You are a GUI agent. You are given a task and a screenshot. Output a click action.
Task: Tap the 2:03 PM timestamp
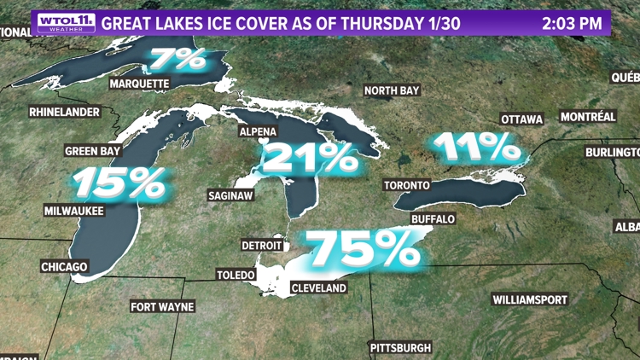click(x=573, y=23)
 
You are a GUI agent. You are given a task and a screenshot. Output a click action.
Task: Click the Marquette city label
click(x=140, y=84)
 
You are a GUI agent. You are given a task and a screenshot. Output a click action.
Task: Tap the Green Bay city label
click(x=93, y=151)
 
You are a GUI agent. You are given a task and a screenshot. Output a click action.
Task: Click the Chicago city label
click(x=64, y=267)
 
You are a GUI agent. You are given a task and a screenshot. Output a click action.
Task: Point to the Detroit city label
click(x=261, y=245)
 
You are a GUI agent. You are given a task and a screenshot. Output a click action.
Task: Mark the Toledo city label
click(x=235, y=275)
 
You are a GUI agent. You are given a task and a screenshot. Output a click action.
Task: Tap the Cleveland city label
click(x=318, y=288)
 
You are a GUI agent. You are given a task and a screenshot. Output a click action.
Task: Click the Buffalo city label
click(x=433, y=219)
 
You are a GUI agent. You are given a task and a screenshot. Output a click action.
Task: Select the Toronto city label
click(x=406, y=186)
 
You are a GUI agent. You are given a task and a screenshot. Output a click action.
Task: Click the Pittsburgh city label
click(x=400, y=348)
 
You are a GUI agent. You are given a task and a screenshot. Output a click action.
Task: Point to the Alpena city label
click(x=258, y=131)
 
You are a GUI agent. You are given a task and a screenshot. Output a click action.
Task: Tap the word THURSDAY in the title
click(x=380, y=23)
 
